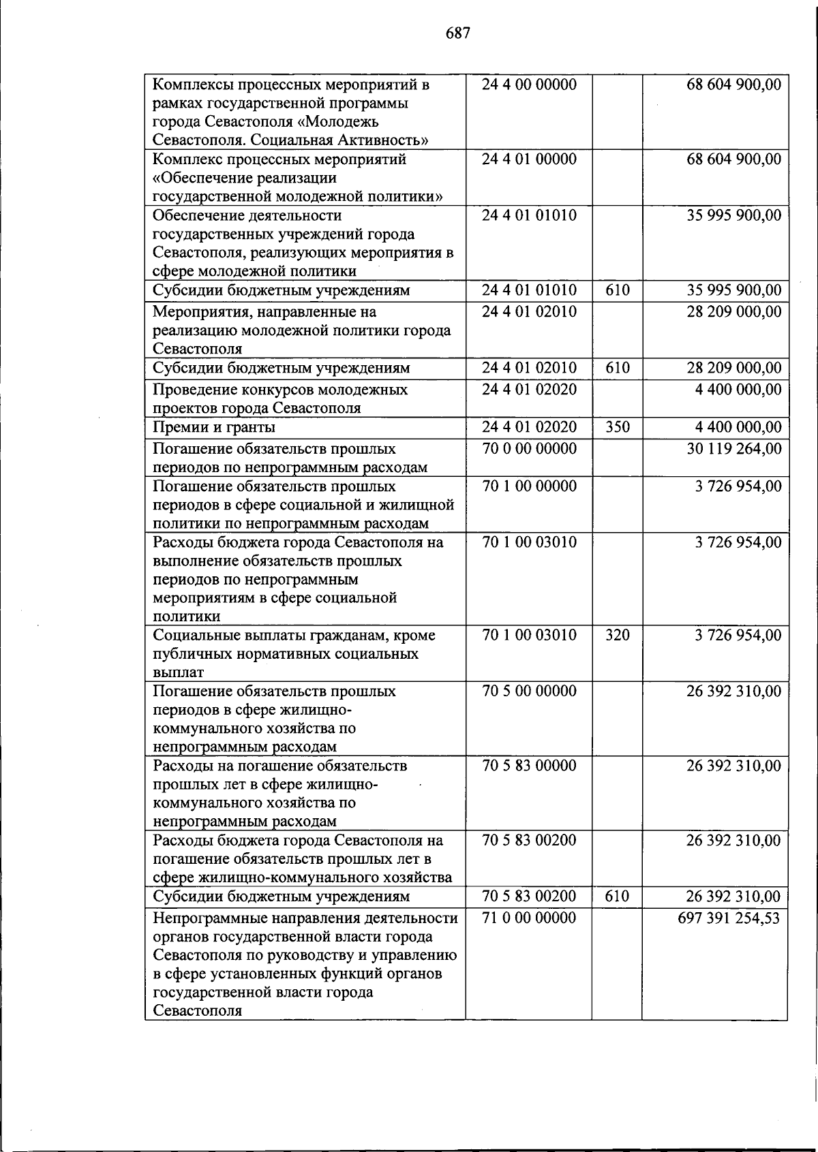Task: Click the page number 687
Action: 458,33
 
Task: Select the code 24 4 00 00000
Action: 529,85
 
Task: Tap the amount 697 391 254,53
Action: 728,918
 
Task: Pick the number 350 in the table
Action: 618,428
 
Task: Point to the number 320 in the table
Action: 618,636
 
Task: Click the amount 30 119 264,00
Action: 733,449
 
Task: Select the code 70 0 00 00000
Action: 529,449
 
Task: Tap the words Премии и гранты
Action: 214,428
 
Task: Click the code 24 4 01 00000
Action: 529,159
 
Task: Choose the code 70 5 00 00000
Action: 529,691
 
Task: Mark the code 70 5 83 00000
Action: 529,766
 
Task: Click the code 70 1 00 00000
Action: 529,486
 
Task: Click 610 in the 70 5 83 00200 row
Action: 617,897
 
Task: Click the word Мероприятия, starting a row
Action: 196,313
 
